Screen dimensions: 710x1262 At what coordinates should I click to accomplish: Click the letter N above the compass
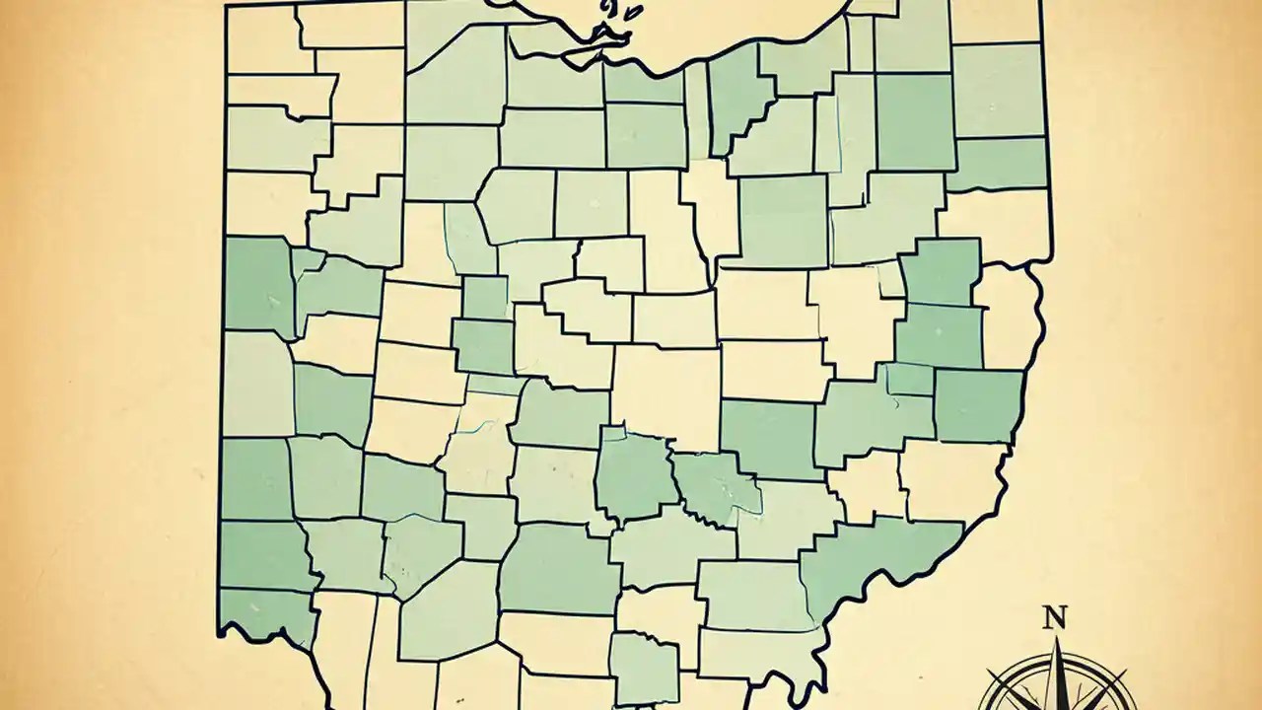(1055, 619)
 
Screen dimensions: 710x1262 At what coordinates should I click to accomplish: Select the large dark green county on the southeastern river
(868, 562)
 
